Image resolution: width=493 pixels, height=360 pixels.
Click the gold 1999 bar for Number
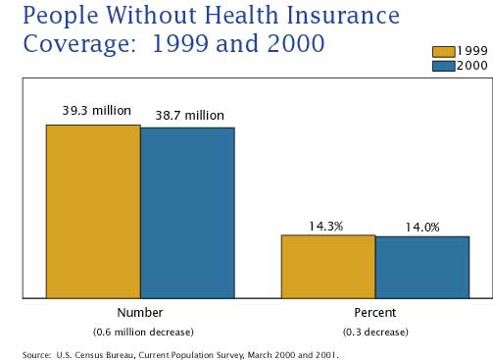click(x=93, y=211)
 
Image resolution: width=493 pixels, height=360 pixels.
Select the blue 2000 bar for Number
click(x=187, y=212)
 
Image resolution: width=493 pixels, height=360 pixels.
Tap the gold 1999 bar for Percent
click(x=328, y=266)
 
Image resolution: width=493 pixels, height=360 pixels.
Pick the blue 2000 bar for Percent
click(x=422, y=267)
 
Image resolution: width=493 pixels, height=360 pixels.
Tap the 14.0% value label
click(x=422, y=227)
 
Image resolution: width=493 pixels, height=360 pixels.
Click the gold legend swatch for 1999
click(x=443, y=52)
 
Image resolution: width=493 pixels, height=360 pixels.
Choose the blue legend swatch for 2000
click(x=443, y=65)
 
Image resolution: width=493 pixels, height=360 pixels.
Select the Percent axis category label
click(x=375, y=312)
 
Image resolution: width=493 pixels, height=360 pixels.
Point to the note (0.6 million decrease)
click(x=143, y=331)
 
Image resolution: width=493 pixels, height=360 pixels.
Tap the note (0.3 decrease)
click(x=375, y=331)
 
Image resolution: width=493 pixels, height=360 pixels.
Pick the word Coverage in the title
click(x=70, y=46)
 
